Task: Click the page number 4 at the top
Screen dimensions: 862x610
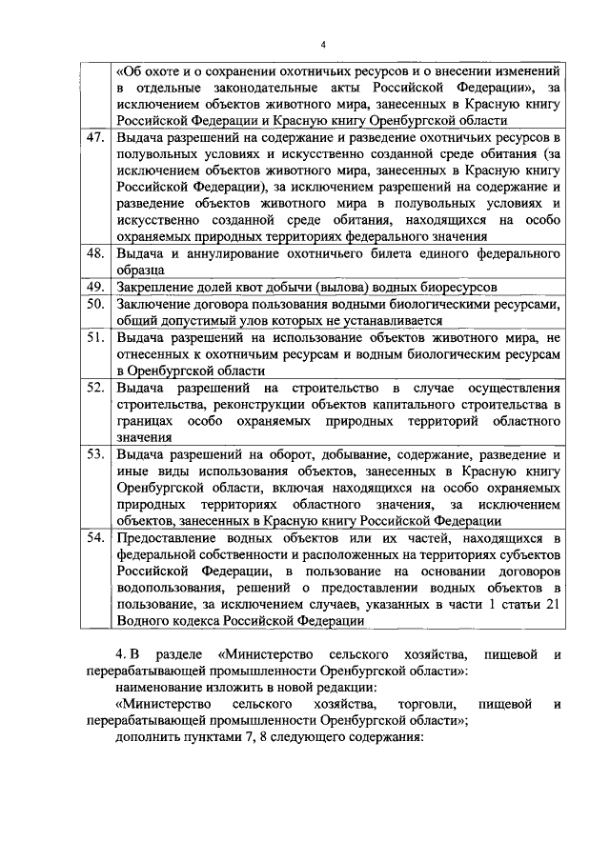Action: pos(323,45)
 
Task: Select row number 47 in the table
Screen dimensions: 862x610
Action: pos(94,138)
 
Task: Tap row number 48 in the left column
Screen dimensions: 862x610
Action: pos(94,254)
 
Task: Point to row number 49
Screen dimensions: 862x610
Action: pos(94,287)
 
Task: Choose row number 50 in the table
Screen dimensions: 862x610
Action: pos(94,304)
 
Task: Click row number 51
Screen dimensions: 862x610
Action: pos(94,337)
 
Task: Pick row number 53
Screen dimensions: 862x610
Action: pos(94,454)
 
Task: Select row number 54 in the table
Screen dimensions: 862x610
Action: pos(94,538)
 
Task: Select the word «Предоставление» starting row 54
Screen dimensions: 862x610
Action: pos(167,538)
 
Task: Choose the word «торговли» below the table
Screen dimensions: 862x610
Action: pos(412,704)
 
